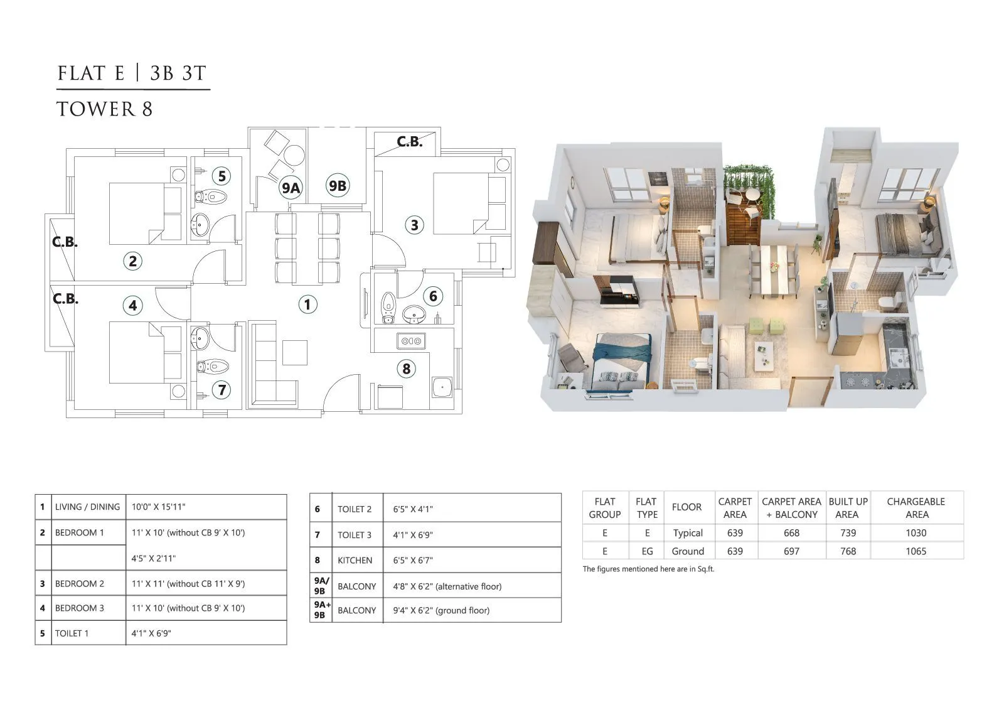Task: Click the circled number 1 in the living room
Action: click(x=307, y=304)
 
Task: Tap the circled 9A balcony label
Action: click(x=291, y=187)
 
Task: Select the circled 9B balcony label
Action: click(x=337, y=186)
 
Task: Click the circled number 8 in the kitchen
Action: click(x=406, y=368)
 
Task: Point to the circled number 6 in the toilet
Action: click(x=433, y=296)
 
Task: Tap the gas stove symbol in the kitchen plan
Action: click(x=411, y=341)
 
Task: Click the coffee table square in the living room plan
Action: click(x=294, y=352)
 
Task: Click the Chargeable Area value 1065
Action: click(x=916, y=551)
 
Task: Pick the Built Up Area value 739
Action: click(x=848, y=533)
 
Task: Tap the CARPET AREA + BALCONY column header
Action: click(x=791, y=508)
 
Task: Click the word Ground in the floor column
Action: click(x=688, y=551)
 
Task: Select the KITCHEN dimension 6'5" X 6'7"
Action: click(x=414, y=561)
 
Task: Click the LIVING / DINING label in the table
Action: click(x=87, y=507)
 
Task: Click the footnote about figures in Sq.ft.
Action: click(x=648, y=569)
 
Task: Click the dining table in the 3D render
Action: click(x=774, y=270)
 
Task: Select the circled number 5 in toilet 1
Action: click(x=222, y=176)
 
